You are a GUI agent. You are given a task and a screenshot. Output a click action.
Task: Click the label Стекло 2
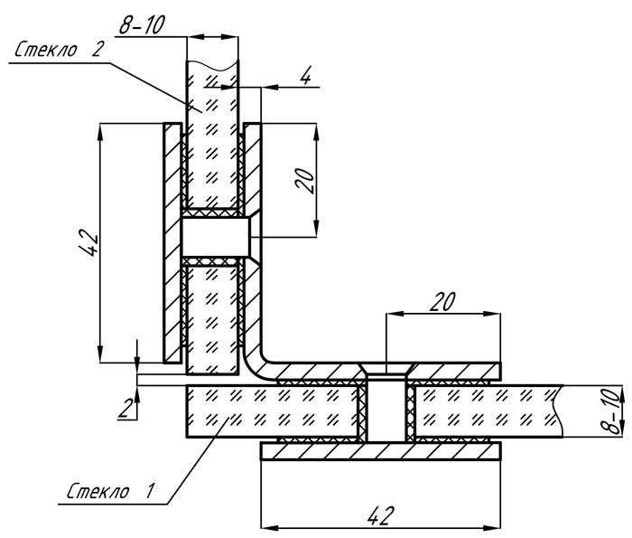59,50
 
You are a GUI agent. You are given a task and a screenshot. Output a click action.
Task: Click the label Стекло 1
110,491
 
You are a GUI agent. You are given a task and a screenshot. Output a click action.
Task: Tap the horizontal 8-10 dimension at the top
142,25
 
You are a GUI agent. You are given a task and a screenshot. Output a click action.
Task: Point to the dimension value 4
306,75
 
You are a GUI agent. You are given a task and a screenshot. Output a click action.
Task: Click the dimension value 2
125,408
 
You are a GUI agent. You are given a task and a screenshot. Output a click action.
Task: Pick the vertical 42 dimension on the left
89,243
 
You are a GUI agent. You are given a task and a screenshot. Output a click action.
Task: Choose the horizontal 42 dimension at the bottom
379,515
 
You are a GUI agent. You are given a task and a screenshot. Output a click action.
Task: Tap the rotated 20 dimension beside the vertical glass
305,181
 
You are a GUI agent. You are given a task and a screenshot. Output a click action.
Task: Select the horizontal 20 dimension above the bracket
442,302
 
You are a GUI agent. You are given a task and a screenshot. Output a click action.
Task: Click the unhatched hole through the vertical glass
216,237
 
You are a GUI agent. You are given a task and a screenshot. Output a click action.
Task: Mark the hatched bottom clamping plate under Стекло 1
381,451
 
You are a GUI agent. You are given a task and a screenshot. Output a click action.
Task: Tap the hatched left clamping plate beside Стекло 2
172,243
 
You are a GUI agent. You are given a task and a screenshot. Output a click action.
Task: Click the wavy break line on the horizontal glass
558,411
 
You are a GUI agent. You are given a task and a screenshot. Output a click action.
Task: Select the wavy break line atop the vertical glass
212,64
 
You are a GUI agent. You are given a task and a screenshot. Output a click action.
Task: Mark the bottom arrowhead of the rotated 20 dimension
316,229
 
